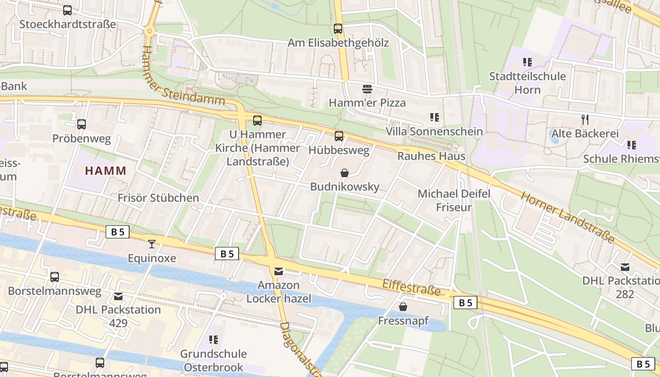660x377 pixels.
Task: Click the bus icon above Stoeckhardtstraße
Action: [67, 10]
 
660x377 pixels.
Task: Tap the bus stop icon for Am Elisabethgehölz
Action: [338, 29]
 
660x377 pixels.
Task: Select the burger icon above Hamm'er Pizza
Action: [367, 89]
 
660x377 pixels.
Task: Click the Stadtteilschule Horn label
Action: [527, 82]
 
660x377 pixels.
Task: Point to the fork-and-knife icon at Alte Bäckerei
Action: [585, 120]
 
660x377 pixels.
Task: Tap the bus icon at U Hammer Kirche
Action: [257, 121]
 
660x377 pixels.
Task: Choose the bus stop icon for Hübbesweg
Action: [338, 137]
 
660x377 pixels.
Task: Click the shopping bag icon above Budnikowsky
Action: [345, 173]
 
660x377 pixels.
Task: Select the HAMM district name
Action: [106, 171]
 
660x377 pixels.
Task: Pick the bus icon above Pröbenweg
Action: [82, 124]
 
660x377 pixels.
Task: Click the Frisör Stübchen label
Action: [158, 197]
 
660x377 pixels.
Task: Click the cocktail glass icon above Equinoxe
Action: [152, 244]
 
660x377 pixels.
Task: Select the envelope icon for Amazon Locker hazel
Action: [279, 271]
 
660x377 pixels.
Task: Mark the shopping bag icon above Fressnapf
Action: [403, 307]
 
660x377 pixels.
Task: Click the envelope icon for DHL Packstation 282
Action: [625, 267]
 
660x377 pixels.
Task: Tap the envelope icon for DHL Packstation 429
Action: [118, 296]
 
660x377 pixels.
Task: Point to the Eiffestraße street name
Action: [411, 287]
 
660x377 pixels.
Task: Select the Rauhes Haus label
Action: [431, 156]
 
